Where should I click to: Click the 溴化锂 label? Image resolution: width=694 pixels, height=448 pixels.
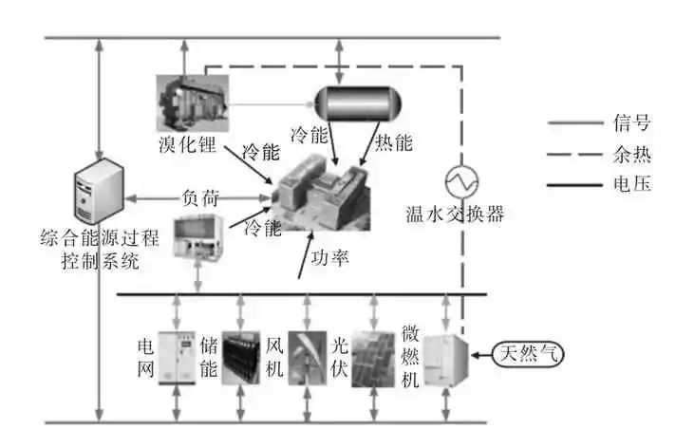coord(188,145)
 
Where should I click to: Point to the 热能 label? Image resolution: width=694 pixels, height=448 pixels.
coord(390,143)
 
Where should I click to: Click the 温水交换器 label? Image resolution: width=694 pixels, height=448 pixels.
coord(452,214)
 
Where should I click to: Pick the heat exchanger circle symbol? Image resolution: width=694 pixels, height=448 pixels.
coord(462,177)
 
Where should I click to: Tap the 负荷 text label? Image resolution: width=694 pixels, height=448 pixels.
coord(199,198)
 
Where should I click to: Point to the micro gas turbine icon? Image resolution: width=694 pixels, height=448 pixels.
coord(444,360)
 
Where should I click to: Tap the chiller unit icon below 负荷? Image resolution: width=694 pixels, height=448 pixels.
coord(197,237)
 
